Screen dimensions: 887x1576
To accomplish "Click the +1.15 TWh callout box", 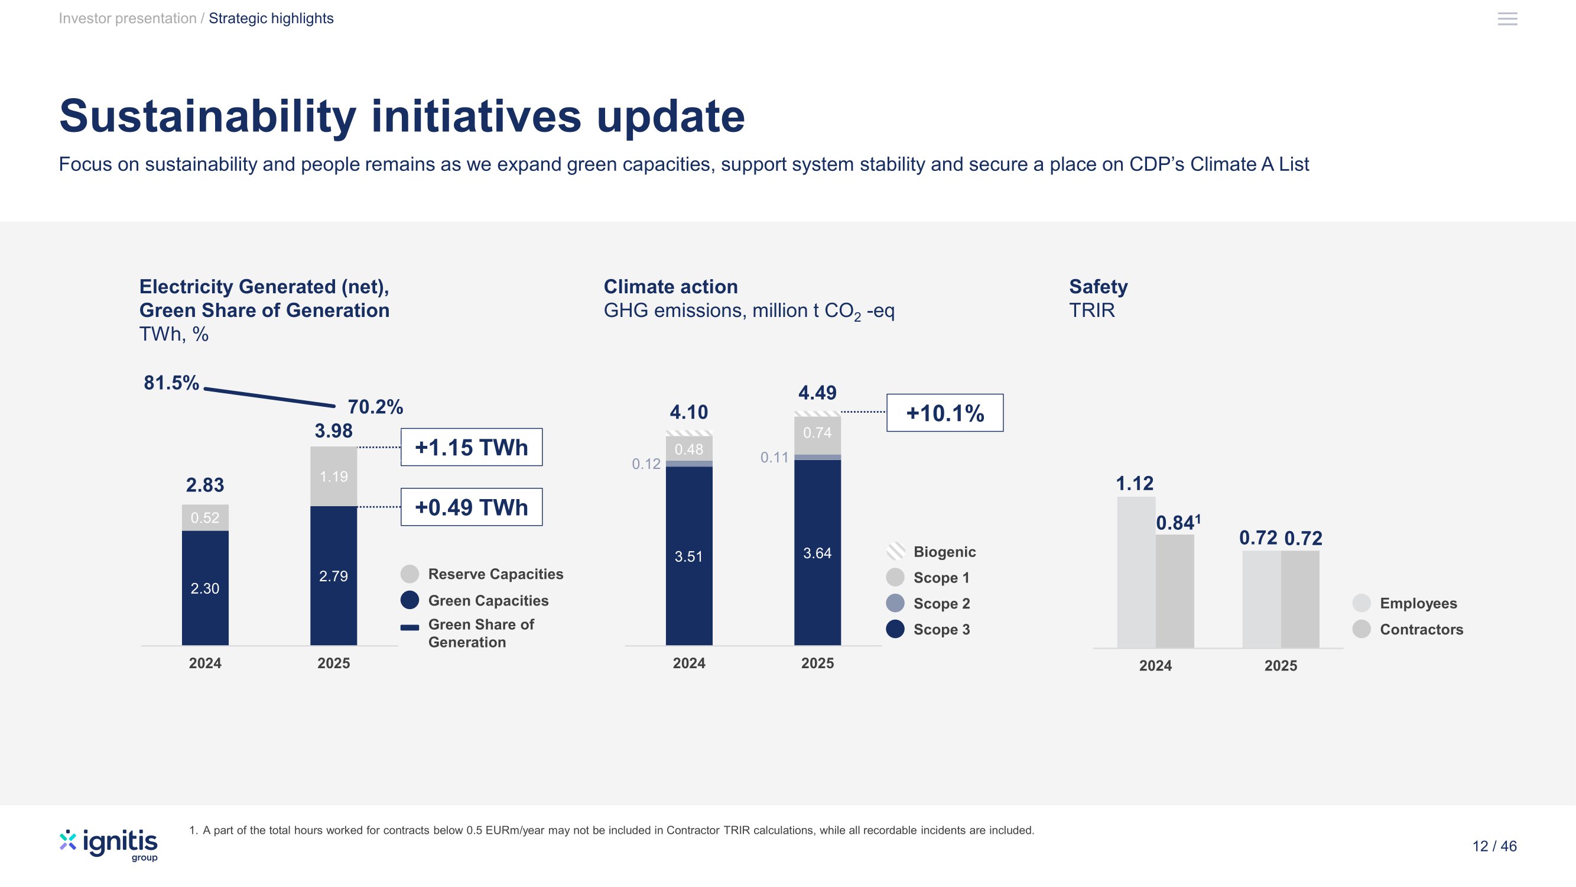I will [x=471, y=447].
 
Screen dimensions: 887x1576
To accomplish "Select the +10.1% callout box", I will [x=945, y=413].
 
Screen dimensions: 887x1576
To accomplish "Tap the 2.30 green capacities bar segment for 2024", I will [x=205, y=588].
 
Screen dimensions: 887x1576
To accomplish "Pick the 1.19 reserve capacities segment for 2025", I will [x=333, y=476].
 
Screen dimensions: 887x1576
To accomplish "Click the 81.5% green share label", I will [x=171, y=383].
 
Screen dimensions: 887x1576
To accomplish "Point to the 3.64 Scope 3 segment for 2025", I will [x=817, y=553].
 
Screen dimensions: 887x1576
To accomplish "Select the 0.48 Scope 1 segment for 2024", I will [x=689, y=449].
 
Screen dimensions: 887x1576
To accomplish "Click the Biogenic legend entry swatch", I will [x=896, y=552].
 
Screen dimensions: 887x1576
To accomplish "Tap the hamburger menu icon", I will [x=1507, y=19].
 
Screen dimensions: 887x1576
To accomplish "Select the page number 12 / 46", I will [x=1494, y=846].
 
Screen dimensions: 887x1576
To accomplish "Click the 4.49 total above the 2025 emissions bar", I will [x=817, y=393].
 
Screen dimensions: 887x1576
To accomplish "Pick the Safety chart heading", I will [x=1098, y=286].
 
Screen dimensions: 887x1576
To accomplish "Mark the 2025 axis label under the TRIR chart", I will [x=1281, y=666].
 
